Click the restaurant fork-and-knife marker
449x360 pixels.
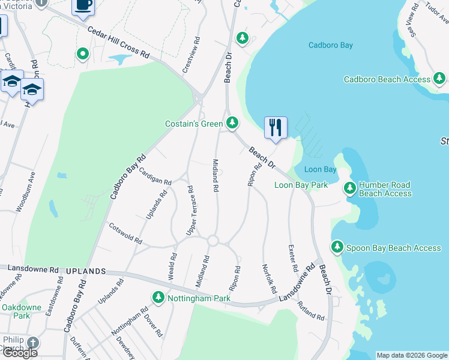(276, 128)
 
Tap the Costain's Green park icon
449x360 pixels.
(232, 124)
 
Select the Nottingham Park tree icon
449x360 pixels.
(158, 298)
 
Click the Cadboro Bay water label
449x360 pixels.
(330, 45)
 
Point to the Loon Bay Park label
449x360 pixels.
(301, 185)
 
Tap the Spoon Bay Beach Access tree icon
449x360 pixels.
(337, 247)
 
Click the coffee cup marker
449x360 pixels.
(83, 5)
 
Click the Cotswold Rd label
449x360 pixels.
(125, 233)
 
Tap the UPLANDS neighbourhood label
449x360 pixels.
(88, 272)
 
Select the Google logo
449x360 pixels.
(19, 352)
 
